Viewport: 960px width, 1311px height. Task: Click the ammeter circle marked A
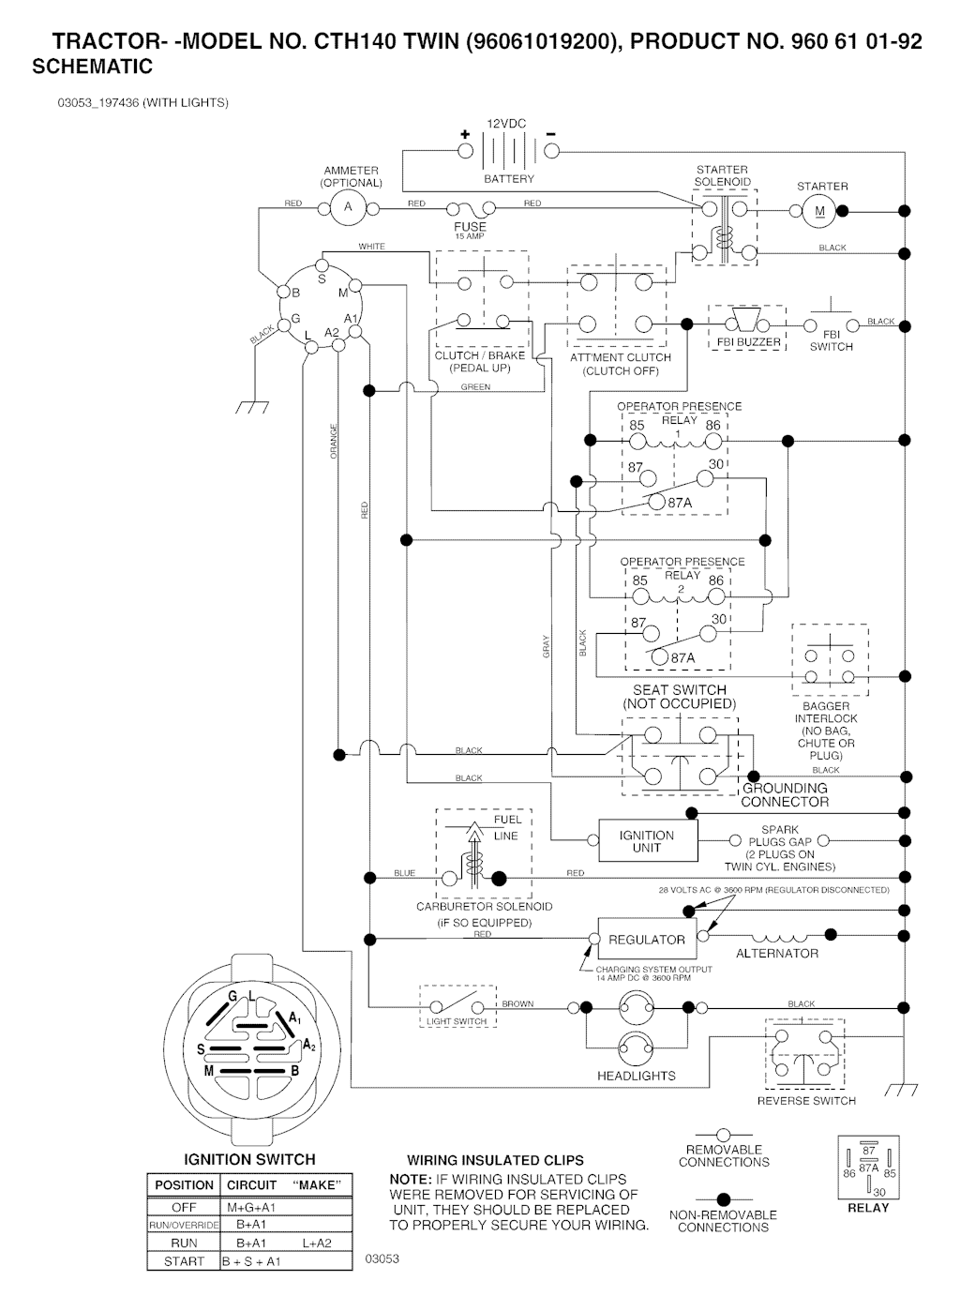(x=347, y=207)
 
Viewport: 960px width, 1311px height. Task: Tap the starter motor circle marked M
(x=819, y=211)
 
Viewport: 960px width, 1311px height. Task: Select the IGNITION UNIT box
(x=647, y=841)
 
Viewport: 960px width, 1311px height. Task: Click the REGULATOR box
(x=647, y=940)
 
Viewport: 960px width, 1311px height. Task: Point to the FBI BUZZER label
(x=748, y=342)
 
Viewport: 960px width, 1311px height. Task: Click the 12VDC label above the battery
(x=507, y=124)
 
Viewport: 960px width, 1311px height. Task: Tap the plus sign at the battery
(x=464, y=135)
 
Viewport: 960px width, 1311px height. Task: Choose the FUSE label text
(x=470, y=226)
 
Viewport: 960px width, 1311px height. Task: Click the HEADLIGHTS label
(x=637, y=1076)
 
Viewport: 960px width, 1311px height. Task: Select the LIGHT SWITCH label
(x=457, y=1021)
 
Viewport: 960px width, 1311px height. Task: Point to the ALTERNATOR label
(x=777, y=954)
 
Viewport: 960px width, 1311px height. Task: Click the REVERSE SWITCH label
(x=806, y=1100)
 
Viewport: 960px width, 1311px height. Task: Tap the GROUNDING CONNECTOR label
(x=785, y=795)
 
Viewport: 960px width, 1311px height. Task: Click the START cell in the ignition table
(x=184, y=1261)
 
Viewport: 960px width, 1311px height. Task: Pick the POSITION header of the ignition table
(x=184, y=1185)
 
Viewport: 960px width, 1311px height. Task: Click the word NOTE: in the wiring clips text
(x=410, y=1180)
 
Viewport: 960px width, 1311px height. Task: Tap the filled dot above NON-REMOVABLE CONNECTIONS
(x=723, y=1199)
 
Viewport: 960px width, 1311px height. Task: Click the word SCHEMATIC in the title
(x=92, y=68)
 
